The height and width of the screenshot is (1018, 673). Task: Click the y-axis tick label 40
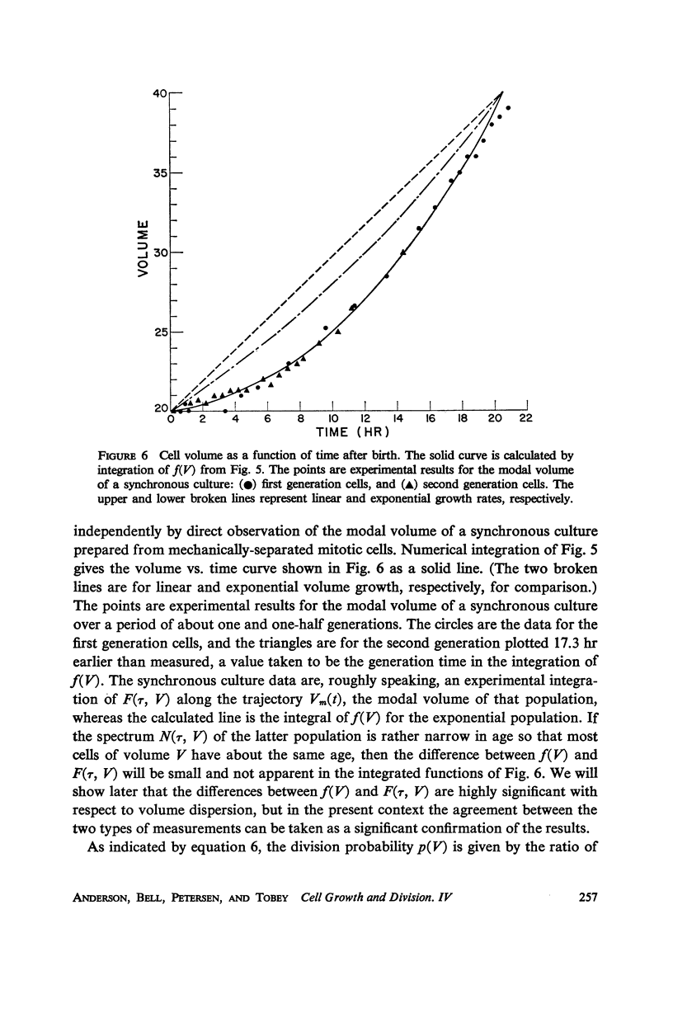pyautogui.click(x=160, y=94)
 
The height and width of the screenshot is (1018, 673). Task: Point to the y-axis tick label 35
pyautogui.click(x=160, y=174)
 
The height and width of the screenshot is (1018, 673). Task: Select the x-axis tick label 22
pyautogui.click(x=525, y=418)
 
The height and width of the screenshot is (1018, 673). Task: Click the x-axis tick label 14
pyautogui.click(x=397, y=418)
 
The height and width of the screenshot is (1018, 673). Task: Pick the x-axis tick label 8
pyautogui.click(x=300, y=418)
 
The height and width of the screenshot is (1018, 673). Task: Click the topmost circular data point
pyautogui.click(x=509, y=108)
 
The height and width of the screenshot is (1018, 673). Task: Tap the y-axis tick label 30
pyautogui.click(x=160, y=253)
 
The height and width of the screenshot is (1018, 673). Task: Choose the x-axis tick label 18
pyautogui.click(x=462, y=418)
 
